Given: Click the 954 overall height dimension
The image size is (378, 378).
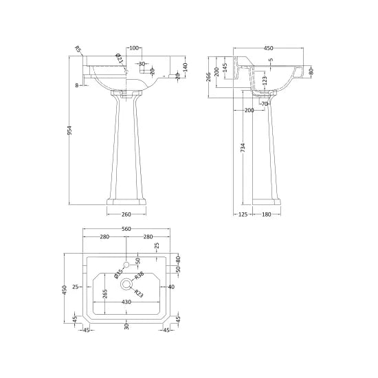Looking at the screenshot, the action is [x=69, y=131].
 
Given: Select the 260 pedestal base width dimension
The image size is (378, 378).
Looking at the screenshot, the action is [x=126, y=214].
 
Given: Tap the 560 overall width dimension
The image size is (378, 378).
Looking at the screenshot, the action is [x=126, y=229].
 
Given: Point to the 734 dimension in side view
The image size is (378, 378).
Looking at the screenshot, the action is [x=243, y=148].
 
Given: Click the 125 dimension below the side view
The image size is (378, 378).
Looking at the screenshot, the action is [x=243, y=214].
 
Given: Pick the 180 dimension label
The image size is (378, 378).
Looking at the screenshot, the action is [x=267, y=214].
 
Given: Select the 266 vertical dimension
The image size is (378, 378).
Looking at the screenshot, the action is [x=209, y=77].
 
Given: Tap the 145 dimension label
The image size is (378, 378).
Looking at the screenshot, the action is [x=225, y=68].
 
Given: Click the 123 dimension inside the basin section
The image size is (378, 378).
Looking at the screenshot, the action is [x=265, y=81].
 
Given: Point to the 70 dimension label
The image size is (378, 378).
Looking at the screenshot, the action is [x=265, y=104].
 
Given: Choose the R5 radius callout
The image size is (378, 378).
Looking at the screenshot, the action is [x=78, y=49].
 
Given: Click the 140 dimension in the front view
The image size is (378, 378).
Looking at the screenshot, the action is [x=185, y=67].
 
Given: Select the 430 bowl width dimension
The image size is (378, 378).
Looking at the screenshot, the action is [x=126, y=302].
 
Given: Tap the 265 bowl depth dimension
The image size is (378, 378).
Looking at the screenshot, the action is [x=105, y=294].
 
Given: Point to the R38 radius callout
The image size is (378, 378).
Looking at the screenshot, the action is [x=139, y=276].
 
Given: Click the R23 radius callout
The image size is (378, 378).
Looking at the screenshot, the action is [x=139, y=293].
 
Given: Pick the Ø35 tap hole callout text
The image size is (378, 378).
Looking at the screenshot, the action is [x=118, y=274].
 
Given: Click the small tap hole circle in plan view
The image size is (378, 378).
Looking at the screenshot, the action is [x=126, y=265].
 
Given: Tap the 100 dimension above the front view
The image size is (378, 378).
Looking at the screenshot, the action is [x=134, y=48].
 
